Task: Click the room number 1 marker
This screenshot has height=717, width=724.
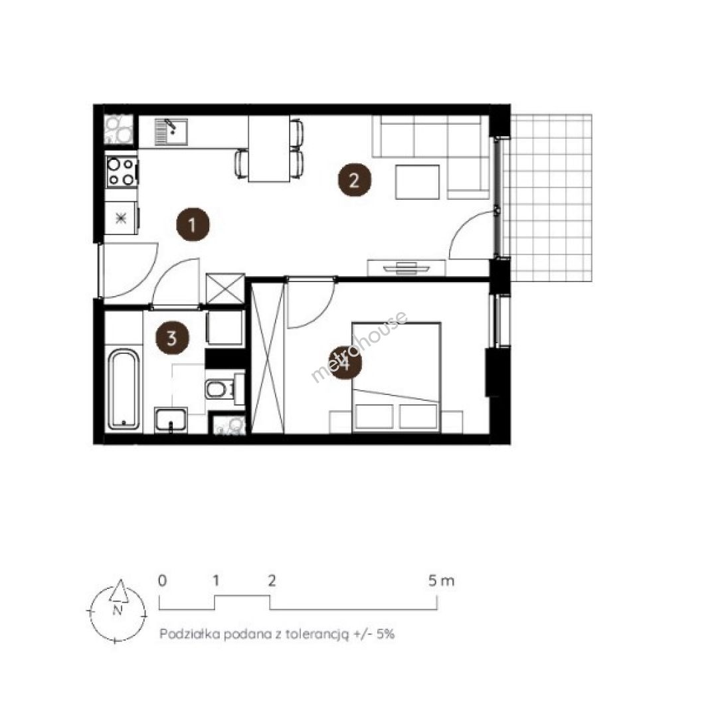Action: coord(193,224)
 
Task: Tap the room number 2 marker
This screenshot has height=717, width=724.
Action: coord(354,180)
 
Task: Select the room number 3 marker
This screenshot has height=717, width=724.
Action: coord(172,338)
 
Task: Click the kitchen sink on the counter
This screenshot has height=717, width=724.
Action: coord(171,131)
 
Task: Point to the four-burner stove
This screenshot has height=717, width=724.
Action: coord(122,172)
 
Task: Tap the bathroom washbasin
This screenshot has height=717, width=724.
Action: coord(171,420)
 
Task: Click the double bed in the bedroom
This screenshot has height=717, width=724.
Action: coord(396,377)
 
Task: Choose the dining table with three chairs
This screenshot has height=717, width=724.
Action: coord(269,148)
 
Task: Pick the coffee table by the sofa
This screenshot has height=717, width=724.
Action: coord(417,182)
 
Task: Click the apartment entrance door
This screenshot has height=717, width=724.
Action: coord(130,270)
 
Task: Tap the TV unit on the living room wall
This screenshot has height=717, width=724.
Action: coord(407,268)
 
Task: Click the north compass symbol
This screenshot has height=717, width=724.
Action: coord(118,610)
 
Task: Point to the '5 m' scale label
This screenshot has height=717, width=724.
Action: coord(441,580)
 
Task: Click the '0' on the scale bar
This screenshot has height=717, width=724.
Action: coord(162,580)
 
